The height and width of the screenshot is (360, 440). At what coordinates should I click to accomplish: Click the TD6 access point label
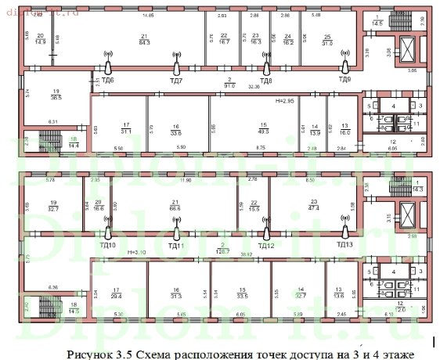coord(107,80)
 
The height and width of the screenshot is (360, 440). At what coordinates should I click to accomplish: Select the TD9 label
coord(344,79)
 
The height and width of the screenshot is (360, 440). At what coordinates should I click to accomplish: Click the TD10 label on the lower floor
coord(107,245)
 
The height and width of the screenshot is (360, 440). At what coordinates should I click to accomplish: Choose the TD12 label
coord(266,245)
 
